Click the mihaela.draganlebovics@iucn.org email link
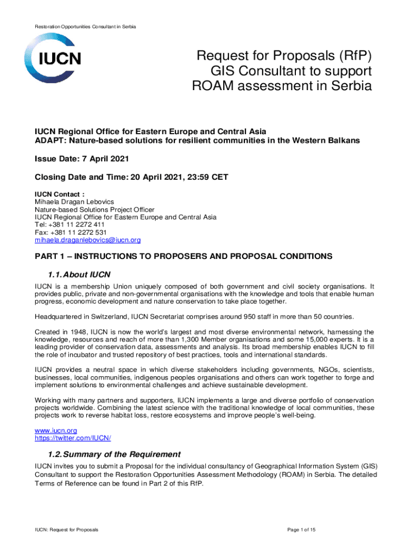[x=88, y=240]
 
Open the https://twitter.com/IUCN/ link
[x=73, y=438]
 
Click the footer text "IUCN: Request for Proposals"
[x=67, y=529]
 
